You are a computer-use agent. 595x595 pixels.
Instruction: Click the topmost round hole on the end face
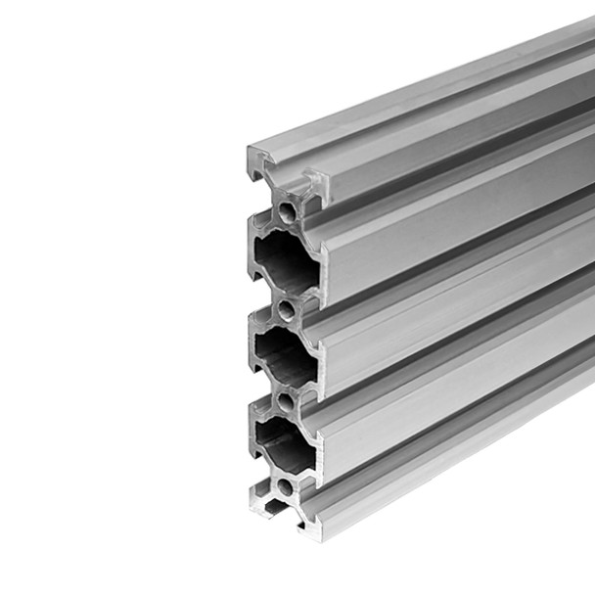[x=286, y=210]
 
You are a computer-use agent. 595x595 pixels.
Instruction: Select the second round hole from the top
[x=286, y=310]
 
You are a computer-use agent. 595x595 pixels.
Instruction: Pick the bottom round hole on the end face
[x=285, y=485]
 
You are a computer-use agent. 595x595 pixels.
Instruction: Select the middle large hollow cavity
[x=284, y=354]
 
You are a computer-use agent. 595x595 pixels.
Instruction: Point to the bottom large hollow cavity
[x=284, y=442]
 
